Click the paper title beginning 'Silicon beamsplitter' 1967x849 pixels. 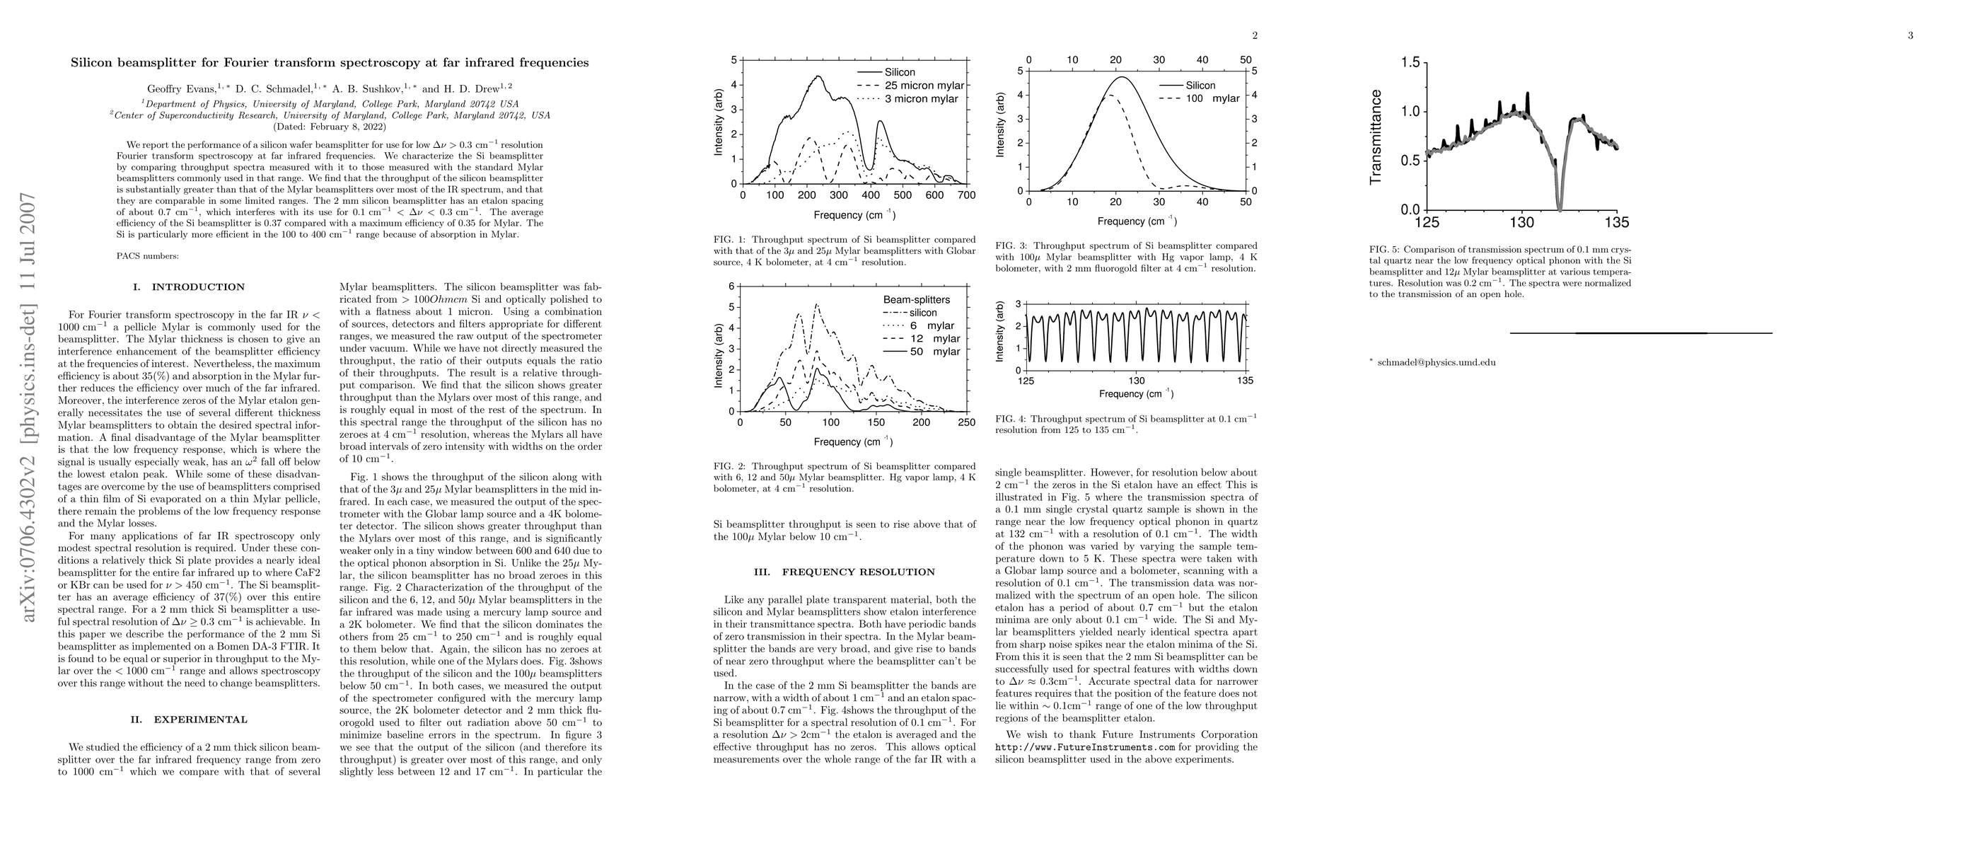click(x=330, y=62)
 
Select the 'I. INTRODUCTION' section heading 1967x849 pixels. click(x=189, y=287)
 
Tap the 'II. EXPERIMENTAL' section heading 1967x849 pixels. click(x=190, y=720)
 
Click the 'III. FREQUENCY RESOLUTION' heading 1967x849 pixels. click(x=845, y=572)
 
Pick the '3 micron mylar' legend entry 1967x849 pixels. click(x=921, y=98)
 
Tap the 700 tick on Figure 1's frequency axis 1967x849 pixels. click(x=966, y=195)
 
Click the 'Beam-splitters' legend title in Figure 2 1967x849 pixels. click(x=916, y=300)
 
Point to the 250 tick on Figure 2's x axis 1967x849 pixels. click(x=966, y=422)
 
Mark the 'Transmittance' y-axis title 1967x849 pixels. click(x=1376, y=137)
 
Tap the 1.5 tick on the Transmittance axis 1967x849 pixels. click(x=1409, y=62)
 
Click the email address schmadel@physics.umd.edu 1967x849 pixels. click(x=1437, y=363)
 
